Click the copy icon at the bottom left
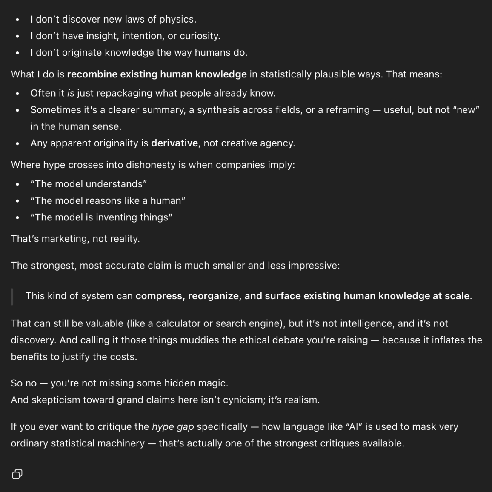click(17, 474)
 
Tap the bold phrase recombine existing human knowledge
click(157, 74)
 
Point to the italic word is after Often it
click(71, 93)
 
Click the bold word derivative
click(174, 143)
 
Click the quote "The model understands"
click(89, 184)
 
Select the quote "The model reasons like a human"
click(108, 201)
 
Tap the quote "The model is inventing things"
click(101, 217)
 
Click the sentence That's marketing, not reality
click(75, 239)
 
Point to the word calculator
click(174, 324)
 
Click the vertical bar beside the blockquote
click(12, 296)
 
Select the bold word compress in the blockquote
click(159, 296)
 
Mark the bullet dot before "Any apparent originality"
click(17, 144)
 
